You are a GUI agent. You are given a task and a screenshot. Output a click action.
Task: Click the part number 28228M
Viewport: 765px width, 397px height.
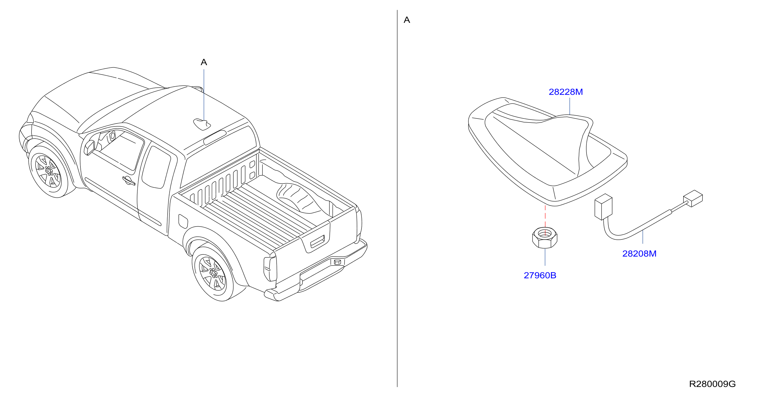565,92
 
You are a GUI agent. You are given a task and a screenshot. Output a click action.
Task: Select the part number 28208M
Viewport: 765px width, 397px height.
639,254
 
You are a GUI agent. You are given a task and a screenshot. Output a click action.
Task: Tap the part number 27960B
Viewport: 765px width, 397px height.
540,275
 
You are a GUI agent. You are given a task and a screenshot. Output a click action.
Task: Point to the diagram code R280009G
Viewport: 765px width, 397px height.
712,384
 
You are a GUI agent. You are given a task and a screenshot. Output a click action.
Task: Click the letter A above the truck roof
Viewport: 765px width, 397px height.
204,62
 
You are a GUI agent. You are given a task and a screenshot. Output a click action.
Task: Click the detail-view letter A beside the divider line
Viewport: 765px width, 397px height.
407,20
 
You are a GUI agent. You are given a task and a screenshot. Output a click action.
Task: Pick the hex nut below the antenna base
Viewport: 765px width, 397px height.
545,238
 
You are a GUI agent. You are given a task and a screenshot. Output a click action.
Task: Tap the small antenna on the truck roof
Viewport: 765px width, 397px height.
202,124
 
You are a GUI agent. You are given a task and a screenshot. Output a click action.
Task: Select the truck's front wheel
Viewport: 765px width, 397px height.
48,171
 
